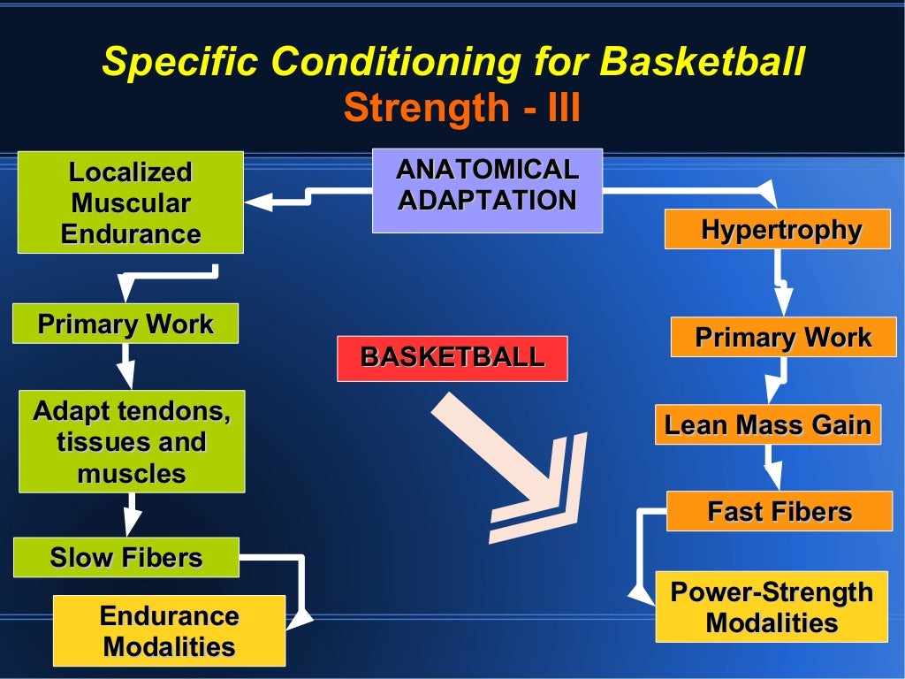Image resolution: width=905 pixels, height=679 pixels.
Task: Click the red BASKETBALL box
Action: click(x=452, y=358)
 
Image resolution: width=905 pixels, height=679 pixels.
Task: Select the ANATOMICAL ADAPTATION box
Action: click(x=487, y=190)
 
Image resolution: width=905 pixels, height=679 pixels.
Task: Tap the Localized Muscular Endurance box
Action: click(x=131, y=202)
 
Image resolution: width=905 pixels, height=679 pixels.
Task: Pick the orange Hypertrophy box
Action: click(x=778, y=229)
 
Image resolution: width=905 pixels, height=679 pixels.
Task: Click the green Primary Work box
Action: click(x=125, y=324)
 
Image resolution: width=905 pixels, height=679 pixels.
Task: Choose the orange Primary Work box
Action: click(x=783, y=337)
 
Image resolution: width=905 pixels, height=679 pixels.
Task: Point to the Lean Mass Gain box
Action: click(x=767, y=424)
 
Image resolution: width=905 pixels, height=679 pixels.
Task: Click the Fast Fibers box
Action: click(x=779, y=511)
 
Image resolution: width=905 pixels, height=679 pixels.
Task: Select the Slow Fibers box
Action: click(x=125, y=557)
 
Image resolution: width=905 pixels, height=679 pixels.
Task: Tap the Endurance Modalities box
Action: click(x=169, y=630)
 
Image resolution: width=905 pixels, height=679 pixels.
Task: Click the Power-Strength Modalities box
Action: click(x=772, y=607)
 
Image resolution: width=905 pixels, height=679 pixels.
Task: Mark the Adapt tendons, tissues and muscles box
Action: click(x=131, y=441)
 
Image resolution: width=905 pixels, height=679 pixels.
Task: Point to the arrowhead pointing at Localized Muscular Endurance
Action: click(x=260, y=202)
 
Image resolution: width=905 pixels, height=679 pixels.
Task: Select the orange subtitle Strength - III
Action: click(x=461, y=109)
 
